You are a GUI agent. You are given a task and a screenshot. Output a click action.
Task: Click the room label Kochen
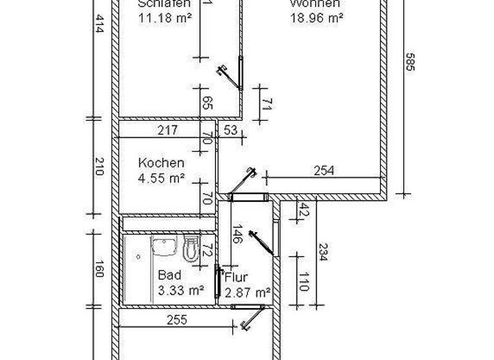[x=161, y=163]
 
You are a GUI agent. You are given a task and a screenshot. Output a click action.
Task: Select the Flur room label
[x=236, y=278]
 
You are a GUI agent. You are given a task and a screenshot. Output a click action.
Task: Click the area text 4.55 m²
[x=162, y=178]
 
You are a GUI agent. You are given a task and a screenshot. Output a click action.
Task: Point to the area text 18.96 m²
[x=315, y=18]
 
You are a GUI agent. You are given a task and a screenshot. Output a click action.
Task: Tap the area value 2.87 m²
[x=248, y=292]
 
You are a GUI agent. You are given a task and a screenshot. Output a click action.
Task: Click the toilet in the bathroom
[x=189, y=248]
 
